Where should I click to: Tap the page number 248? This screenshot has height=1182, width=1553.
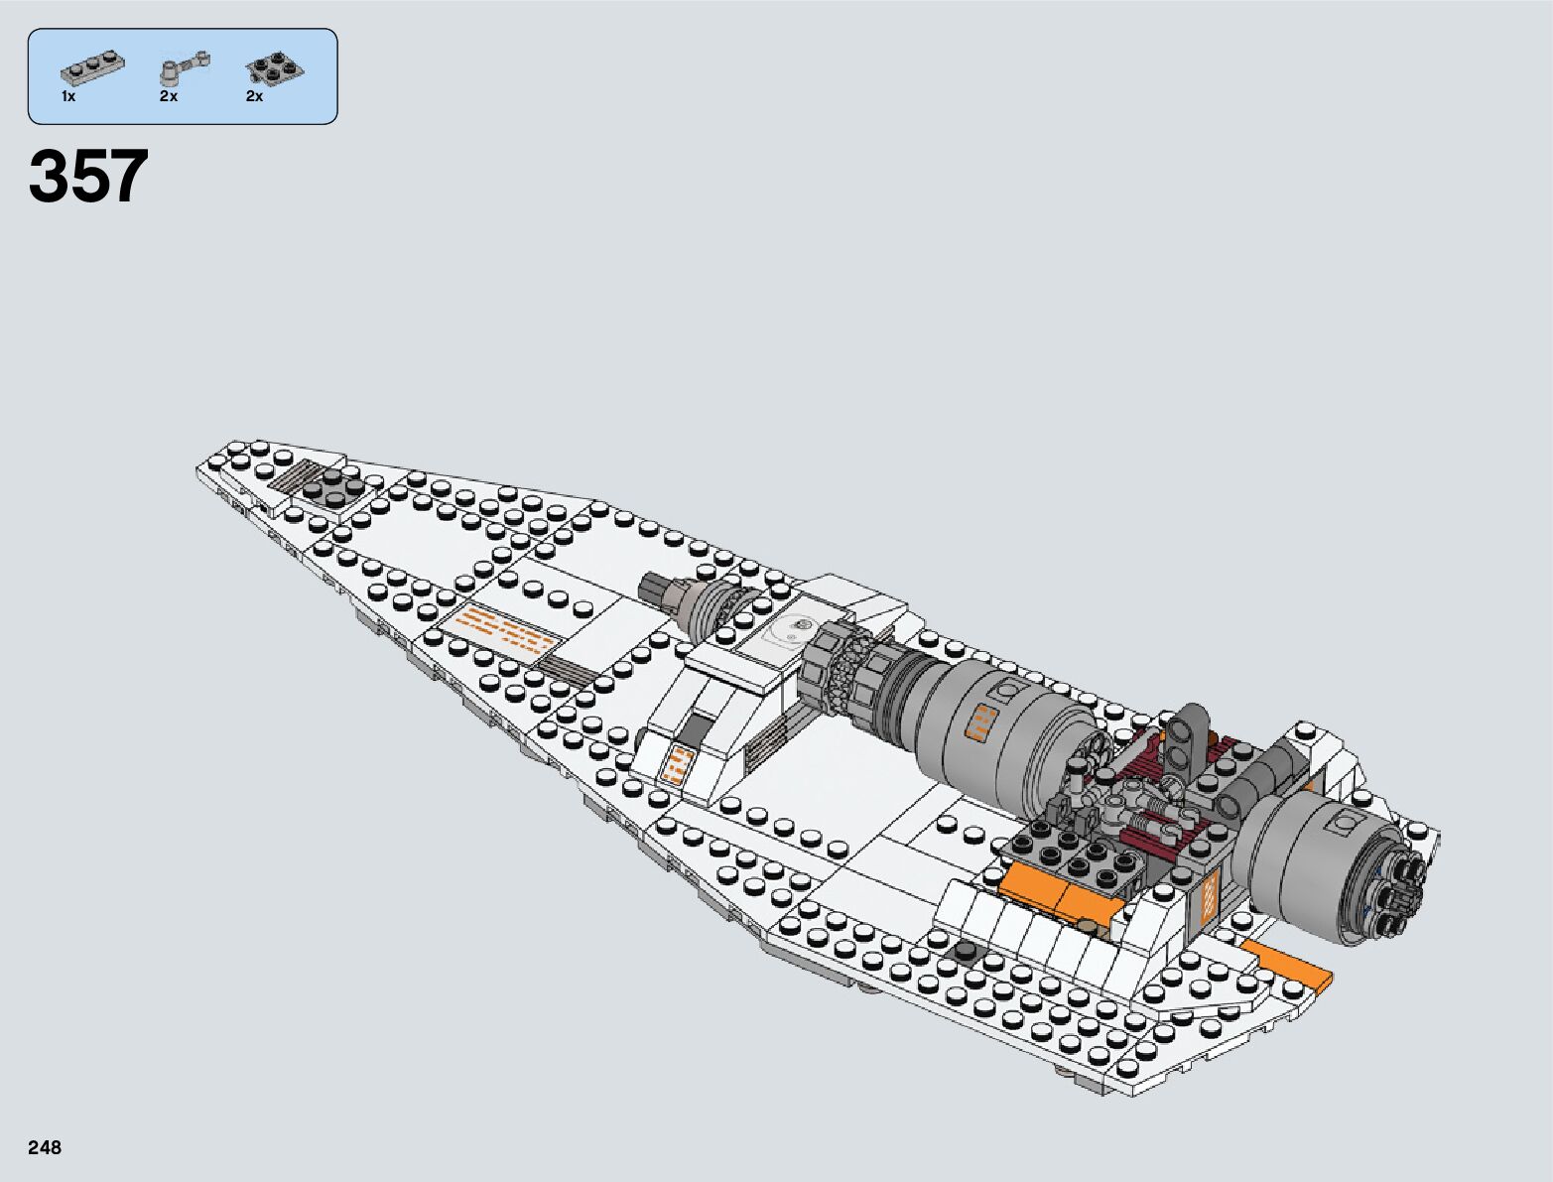pos(46,1148)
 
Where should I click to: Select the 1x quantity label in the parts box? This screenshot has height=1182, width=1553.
pos(67,97)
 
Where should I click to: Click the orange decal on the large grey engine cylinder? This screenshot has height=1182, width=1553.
pos(981,722)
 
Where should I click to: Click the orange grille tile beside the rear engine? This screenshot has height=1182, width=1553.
pos(1209,897)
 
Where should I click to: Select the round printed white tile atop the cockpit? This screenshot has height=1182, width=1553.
pos(791,632)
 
